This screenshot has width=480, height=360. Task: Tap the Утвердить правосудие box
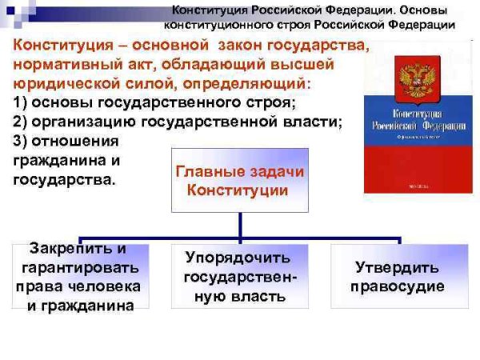(398, 276)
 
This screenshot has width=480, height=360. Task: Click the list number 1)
(22, 102)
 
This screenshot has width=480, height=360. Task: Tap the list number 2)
(22, 122)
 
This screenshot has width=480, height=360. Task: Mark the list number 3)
(22, 141)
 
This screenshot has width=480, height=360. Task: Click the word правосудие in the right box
(398, 286)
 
